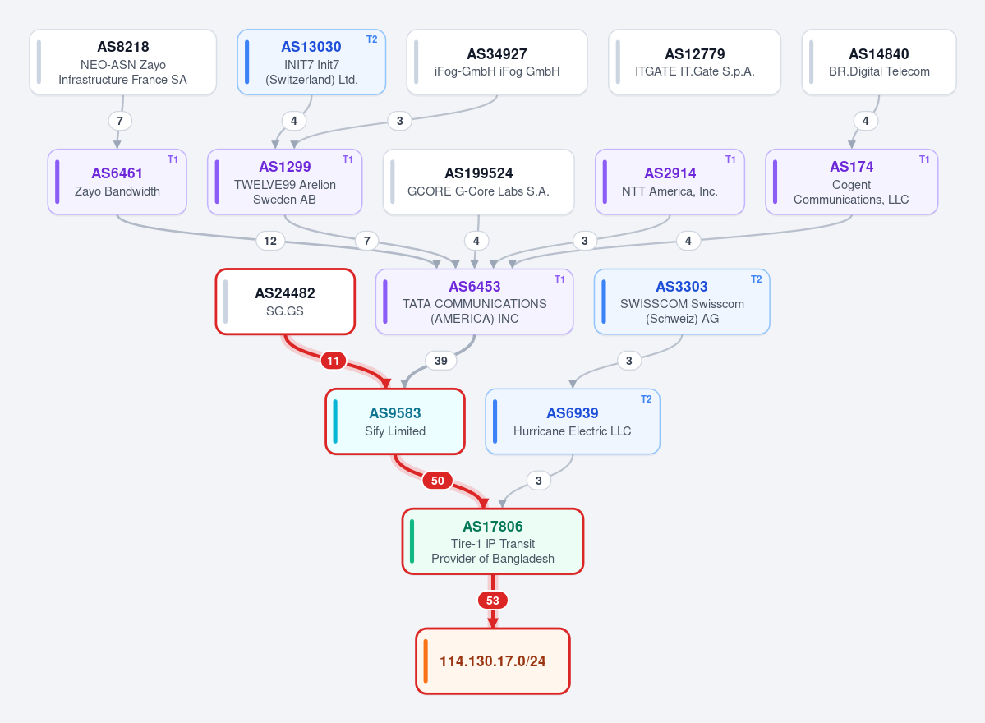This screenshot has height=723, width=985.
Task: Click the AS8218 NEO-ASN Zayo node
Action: click(x=123, y=62)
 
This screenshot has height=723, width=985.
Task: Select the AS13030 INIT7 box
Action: click(x=311, y=62)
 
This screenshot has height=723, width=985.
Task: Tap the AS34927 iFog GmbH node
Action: click(x=497, y=62)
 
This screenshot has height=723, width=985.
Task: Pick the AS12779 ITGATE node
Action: click(x=695, y=62)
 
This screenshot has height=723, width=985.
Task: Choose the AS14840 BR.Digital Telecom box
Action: click(x=879, y=62)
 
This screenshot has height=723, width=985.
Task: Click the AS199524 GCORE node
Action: click(x=479, y=182)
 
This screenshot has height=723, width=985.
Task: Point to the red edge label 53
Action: click(x=493, y=601)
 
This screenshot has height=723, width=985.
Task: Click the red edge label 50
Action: click(x=438, y=481)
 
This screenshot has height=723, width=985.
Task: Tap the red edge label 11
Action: click(x=333, y=361)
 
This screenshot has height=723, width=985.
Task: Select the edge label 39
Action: click(x=441, y=361)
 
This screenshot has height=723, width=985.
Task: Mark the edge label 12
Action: click(x=270, y=241)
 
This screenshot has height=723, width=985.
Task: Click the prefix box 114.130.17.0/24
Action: click(x=493, y=661)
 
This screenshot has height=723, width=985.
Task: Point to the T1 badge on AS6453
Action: click(x=559, y=279)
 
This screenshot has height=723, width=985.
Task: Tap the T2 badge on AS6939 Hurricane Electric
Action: click(x=646, y=398)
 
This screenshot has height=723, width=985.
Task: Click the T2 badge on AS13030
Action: click(x=372, y=39)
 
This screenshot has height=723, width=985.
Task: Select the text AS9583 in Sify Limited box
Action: click(x=395, y=412)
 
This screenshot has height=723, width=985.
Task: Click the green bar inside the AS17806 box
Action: click(x=412, y=541)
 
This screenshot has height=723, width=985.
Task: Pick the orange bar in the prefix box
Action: click(x=426, y=661)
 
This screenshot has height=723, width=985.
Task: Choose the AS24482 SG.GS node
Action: click(x=285, y=302)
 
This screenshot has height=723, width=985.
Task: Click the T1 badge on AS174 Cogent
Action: click(x=924, y=159)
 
